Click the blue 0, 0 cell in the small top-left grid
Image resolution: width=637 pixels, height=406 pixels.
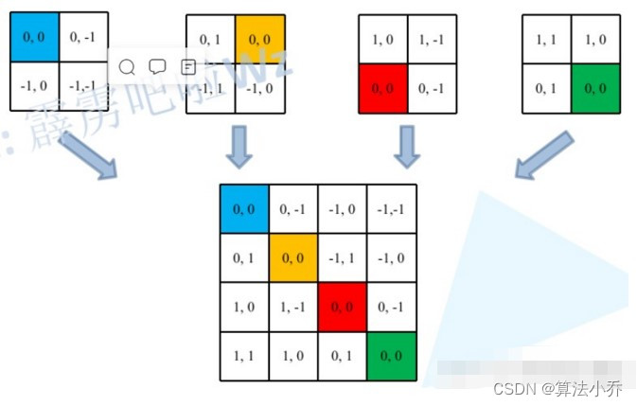pos(34,36)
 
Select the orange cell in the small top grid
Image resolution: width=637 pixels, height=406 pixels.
pos(258,39)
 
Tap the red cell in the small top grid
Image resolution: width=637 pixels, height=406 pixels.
pos(382,89)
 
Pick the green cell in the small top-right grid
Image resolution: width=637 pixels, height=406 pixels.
pos(595,89)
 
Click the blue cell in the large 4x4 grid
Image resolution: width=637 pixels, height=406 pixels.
pos(244,208)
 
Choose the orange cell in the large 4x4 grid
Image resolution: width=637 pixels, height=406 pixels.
pos(293,256)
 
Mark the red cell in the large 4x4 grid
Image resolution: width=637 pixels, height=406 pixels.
pos(342,307)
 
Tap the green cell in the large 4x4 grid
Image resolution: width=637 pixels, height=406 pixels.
pos(391,356)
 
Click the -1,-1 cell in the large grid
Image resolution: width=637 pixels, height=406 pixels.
pos(391,208)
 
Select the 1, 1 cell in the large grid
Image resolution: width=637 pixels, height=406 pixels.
pos(244,356)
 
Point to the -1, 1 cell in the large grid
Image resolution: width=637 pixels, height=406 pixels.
pos(342,256)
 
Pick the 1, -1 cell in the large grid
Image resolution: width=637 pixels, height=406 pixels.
pos(293,307)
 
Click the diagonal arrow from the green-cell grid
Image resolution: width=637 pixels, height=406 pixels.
pos(543,154)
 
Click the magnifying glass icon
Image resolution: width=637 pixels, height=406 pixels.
pos(127,67)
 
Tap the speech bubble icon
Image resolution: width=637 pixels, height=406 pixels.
pos(157,67)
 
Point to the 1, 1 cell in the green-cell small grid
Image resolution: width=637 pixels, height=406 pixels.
pos(546,39)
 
